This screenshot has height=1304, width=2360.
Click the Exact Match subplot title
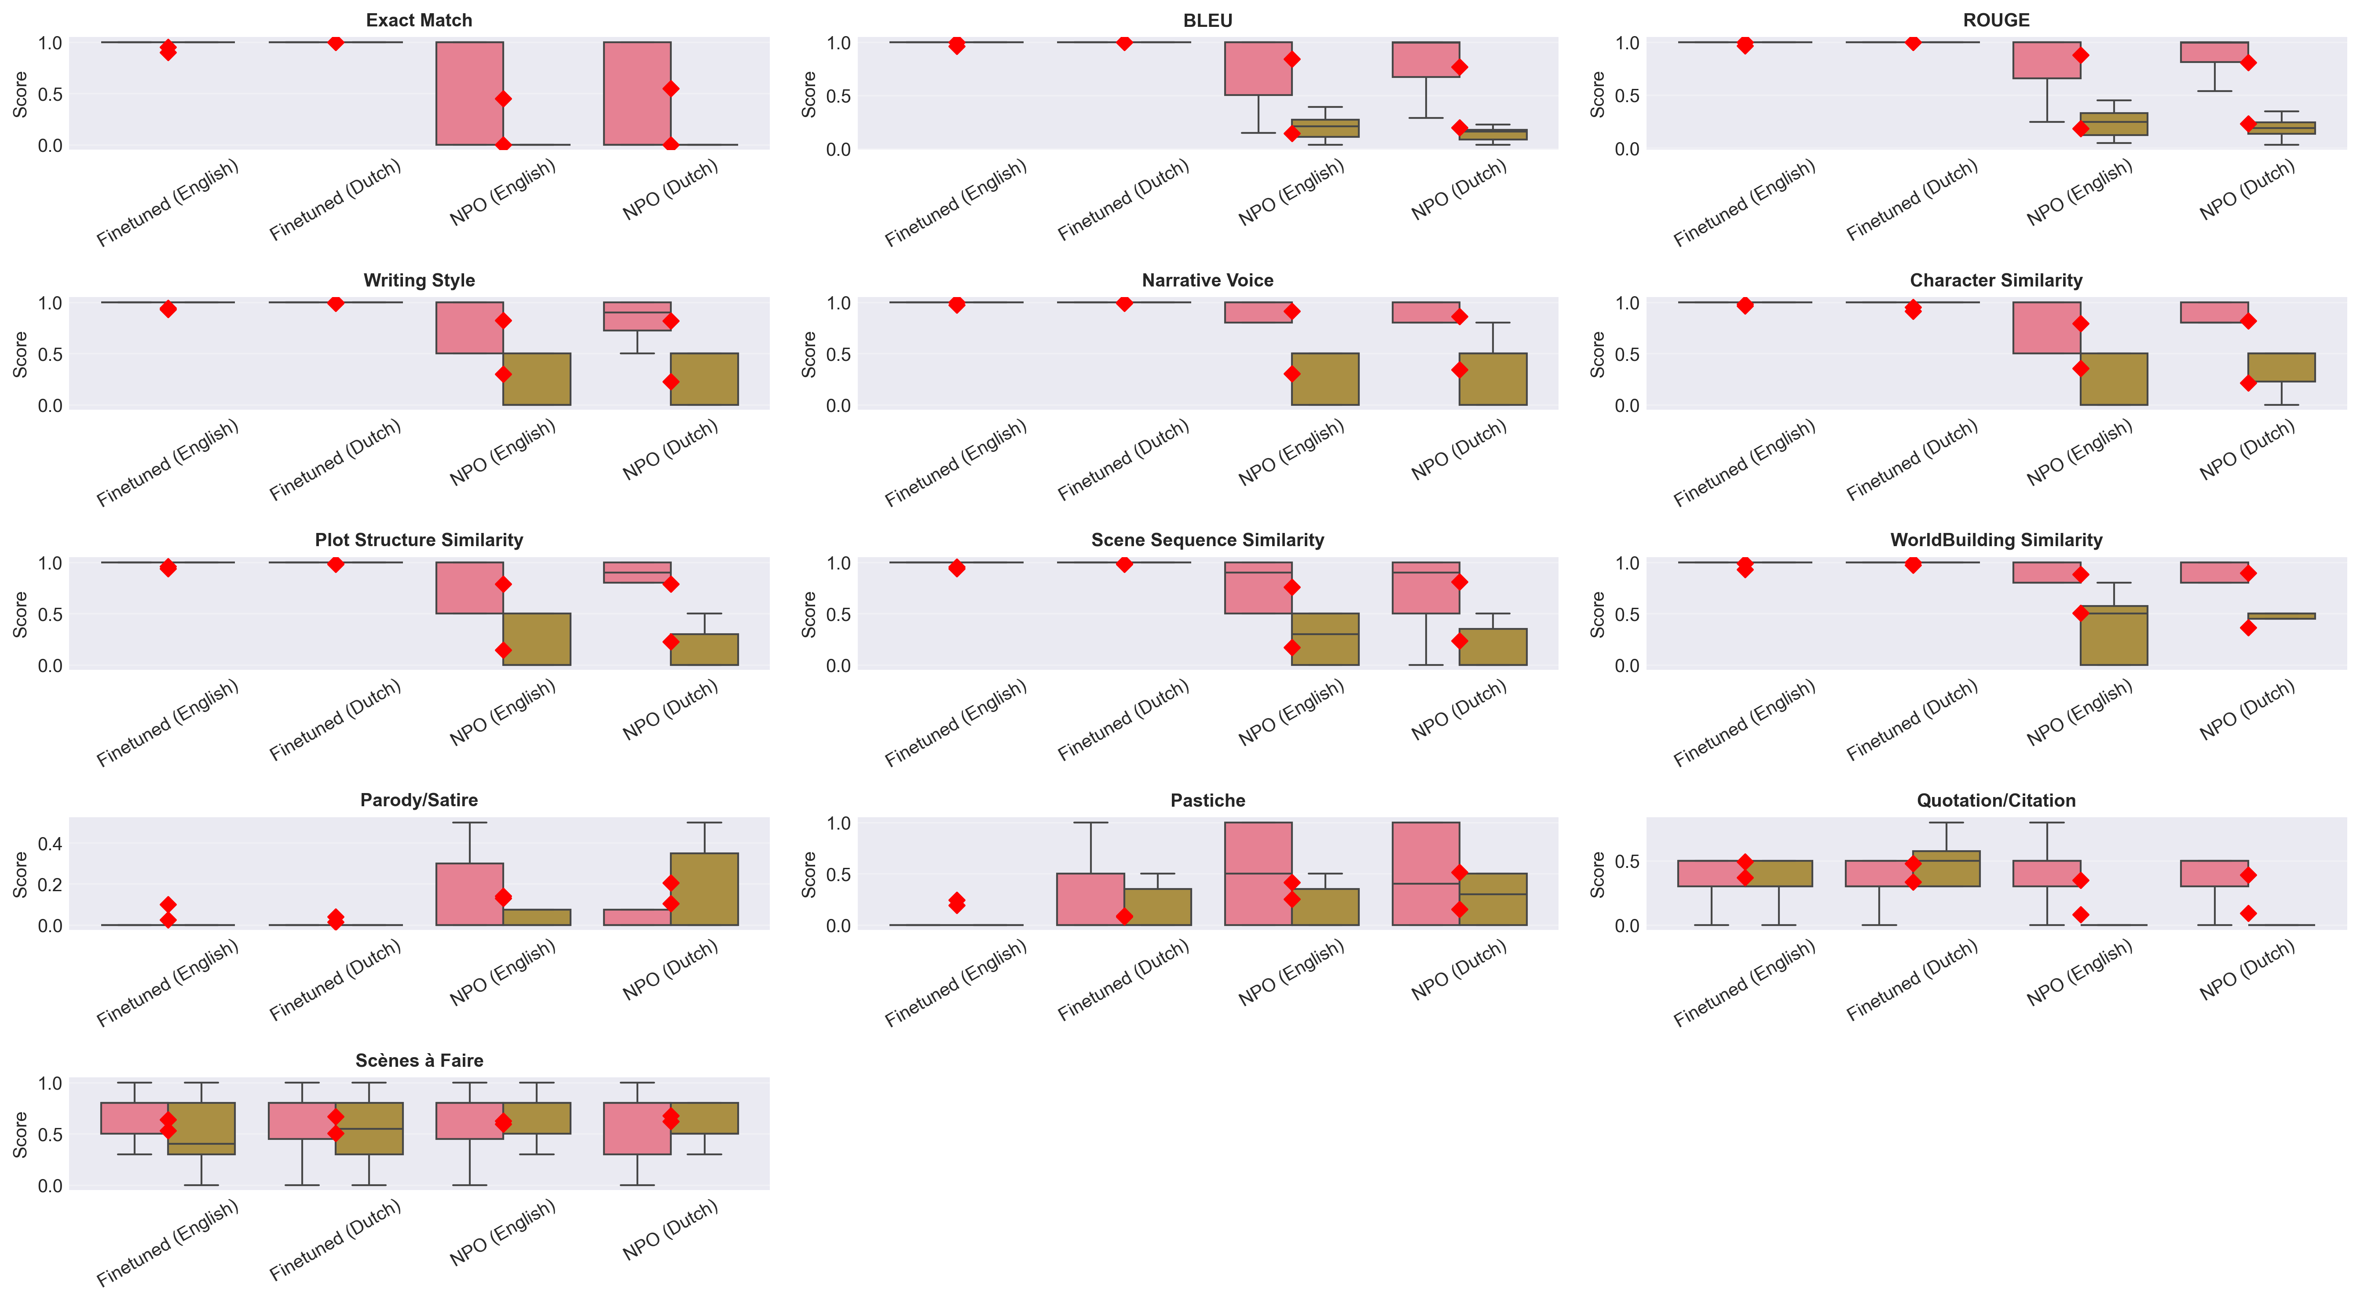point(419,20)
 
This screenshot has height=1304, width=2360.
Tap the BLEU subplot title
point(1207,20)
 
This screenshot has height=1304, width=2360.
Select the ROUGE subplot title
point(1996,20)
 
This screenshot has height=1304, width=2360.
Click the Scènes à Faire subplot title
point(419,1060)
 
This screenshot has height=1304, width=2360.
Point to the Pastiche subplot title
point(1207,800)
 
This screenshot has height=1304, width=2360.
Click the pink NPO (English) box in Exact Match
point(469,93)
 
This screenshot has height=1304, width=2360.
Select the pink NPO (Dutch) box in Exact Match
point(637,93)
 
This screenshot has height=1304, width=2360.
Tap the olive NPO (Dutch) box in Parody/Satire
point(705,889)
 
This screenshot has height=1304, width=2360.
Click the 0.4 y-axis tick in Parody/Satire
point(51,844)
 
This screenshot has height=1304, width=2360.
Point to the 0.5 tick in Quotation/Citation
point(1627,861)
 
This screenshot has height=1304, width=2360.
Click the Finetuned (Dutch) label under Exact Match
point(335,201)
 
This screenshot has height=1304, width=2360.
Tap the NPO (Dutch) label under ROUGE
point(2247,190)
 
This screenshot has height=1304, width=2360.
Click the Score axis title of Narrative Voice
point(809,355)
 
